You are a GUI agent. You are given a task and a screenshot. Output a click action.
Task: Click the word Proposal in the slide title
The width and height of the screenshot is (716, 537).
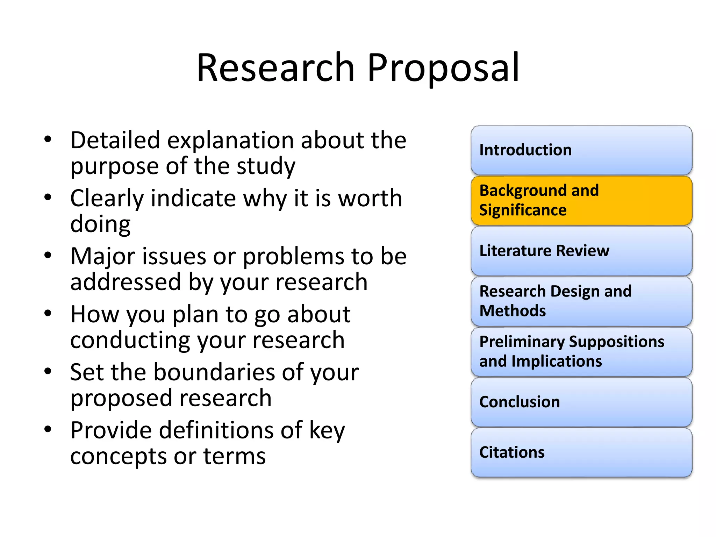click(443, 68)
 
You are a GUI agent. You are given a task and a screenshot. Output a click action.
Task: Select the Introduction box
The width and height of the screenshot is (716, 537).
click(581, 150)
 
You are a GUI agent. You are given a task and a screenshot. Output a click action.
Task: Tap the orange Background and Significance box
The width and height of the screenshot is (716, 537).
click(581, 200)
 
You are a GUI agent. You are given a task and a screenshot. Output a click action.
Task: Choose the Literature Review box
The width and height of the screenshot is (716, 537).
click(581, 251)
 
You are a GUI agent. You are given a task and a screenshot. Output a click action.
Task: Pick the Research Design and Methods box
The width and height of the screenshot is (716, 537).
click(581, 301)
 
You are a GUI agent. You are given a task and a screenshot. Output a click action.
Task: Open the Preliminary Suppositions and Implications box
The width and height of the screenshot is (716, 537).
click(581, 351)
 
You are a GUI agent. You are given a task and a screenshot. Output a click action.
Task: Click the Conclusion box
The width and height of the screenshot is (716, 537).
click(581, 402)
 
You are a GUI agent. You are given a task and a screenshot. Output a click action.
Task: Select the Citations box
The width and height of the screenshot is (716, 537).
click(581, 452)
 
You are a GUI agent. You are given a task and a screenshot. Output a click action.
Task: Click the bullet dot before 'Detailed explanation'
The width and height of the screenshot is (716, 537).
click(48, 139)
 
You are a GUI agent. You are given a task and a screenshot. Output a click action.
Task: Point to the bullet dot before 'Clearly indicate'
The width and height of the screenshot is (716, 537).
click(48, 198)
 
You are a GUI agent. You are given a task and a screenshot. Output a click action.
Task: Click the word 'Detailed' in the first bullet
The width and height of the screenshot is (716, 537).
click(115, 140)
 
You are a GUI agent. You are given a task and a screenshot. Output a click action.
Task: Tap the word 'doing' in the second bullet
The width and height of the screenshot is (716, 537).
click(100, 224)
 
